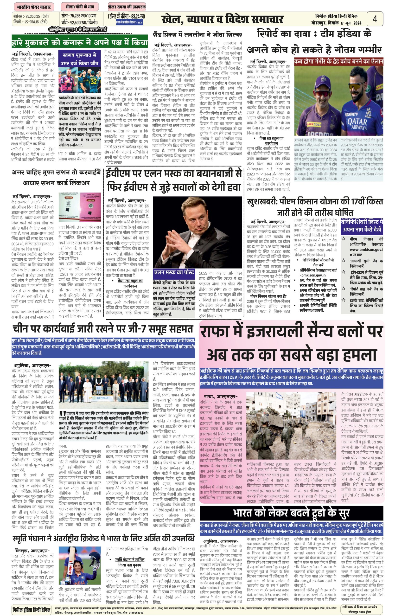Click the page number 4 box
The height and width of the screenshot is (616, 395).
[375, 19]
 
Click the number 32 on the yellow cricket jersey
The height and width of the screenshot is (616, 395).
[93, 82]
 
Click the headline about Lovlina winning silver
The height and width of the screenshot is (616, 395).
[197, 34]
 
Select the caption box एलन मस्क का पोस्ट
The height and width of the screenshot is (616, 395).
[174, 272]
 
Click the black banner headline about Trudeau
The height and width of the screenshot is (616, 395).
[291, 513]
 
